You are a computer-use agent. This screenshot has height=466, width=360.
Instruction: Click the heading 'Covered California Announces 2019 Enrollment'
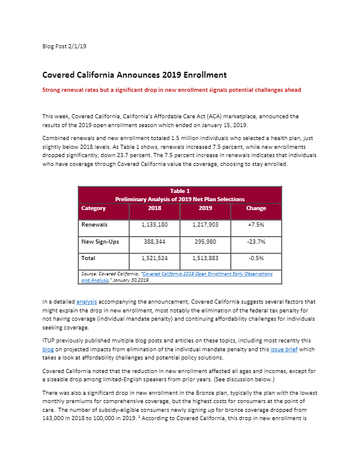[135, 75]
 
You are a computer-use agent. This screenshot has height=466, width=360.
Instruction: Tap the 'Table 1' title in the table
[180, 191]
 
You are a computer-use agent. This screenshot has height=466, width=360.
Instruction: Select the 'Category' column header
[94, 208]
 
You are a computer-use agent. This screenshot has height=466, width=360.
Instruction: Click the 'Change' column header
[256, 208]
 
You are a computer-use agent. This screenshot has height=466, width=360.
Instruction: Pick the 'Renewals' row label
[94, 225]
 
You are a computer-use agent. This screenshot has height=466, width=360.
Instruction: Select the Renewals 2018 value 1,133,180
[155, 225]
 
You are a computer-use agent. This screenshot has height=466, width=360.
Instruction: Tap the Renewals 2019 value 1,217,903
[205, 225]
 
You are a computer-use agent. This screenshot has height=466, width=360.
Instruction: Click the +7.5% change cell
[256, 225]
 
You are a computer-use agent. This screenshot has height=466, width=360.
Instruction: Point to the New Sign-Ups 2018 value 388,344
[155, 241]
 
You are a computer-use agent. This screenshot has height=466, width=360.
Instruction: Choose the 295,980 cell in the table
[205, 241]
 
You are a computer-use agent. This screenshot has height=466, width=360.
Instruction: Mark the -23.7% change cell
[256, 241]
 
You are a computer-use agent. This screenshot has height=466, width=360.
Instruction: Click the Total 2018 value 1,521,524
[155, 258]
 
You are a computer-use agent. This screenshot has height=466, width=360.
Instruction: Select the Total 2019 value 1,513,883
[205, 258]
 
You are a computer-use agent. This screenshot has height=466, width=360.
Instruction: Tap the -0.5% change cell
[256, 258]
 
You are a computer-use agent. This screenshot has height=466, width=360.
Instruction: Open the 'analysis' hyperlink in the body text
[86, 301]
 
